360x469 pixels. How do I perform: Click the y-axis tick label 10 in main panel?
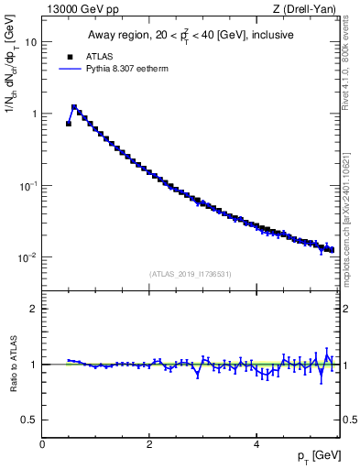coord(31,42)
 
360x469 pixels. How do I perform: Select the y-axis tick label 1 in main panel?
coord(34,114)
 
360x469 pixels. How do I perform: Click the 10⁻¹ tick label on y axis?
coord(28,185)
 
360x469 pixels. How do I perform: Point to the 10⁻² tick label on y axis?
coord(28,257)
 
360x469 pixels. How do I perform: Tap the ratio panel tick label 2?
coord(34,309)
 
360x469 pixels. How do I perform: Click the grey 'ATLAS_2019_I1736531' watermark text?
coord(191,274)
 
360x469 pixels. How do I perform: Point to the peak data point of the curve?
coord(74,106)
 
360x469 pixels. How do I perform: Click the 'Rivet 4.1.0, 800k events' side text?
coord(349,55)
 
